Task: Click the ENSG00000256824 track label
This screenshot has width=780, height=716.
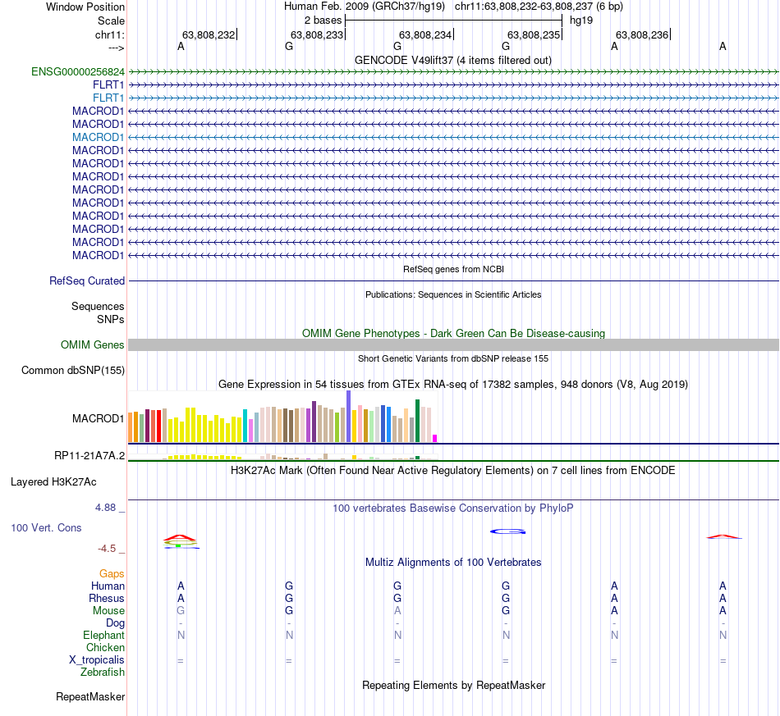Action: [x=78, y=71]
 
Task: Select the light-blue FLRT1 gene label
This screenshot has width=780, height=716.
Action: [x=109, y=98]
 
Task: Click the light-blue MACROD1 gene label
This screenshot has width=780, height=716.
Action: [x=98, y=137]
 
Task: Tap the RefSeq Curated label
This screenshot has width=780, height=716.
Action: [x=87, y=280]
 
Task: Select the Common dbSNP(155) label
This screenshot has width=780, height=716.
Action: [x=72, y=371]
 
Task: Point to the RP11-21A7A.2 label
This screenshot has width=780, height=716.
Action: [x=89, y=455]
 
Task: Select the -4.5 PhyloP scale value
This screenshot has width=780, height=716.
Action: [x=111, y=549]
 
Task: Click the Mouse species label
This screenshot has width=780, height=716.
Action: [x=108, y=610]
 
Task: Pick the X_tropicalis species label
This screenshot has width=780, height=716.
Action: [x=97, y=659]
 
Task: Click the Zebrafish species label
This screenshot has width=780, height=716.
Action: [x=103, y=672]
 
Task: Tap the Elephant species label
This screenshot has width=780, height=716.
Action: [x=103, y=635]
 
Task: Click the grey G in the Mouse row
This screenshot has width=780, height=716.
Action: [x=181, y=610]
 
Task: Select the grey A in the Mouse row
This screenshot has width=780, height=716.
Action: [x=397, y=610]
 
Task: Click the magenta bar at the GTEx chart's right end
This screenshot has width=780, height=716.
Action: [x=435, y=438]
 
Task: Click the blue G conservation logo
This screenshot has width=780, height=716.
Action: [x=507, y=531]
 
